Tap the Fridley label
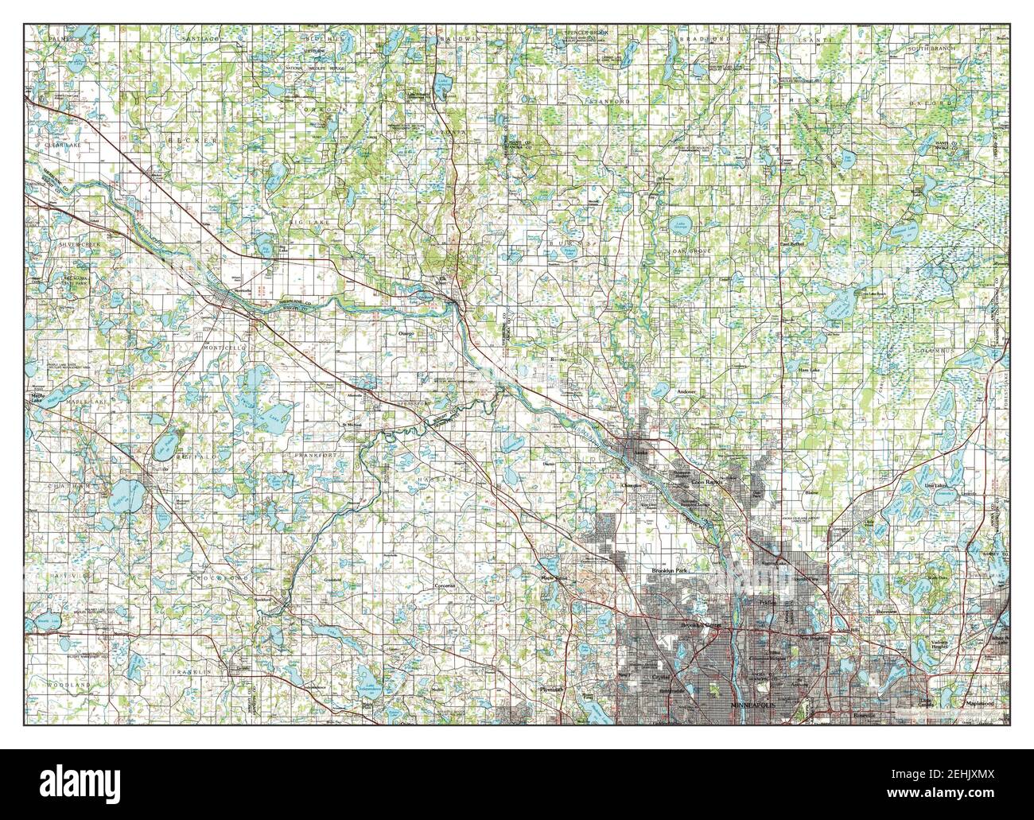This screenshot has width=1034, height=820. [x=767, y=604]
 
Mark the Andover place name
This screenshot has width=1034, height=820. [x=686, y=392]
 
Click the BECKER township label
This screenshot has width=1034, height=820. [x=181, y=138]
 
